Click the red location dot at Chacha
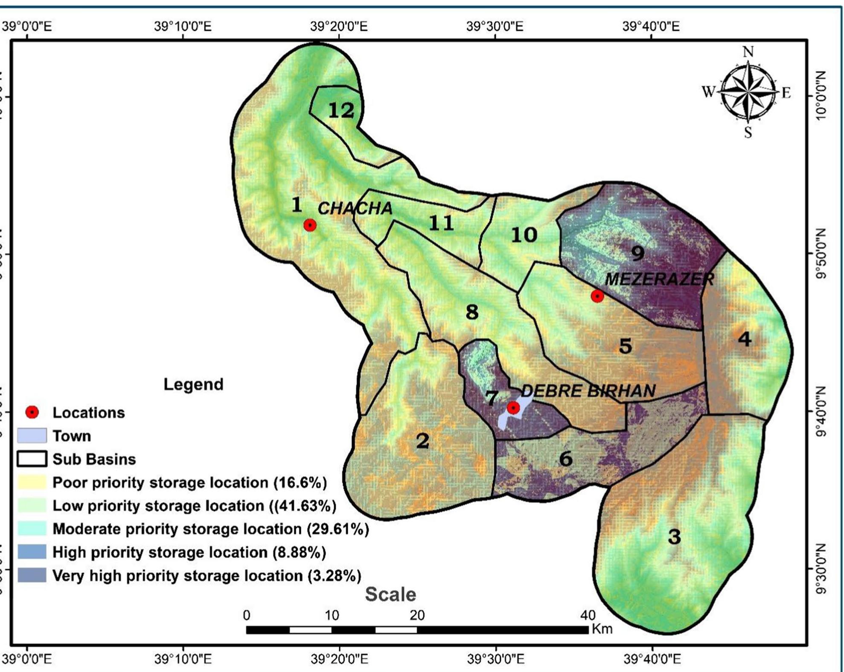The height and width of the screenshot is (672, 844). click(310, 225)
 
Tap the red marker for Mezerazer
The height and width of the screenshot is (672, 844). click(597, 296)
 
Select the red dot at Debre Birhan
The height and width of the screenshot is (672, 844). click(513, 408)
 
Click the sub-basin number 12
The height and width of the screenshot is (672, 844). click(341, 111)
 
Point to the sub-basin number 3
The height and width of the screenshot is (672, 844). click(674, 536)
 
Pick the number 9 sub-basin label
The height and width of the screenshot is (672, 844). click(637, 253)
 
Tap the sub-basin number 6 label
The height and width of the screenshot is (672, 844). click(566, 459)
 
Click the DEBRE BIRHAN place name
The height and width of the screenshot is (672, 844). click(588, 391)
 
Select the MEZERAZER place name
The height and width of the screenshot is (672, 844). click(659, 279)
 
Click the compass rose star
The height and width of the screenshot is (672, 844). click(748, 92)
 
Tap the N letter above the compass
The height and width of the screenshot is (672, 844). click(748, 52)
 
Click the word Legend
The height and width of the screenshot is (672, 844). click(193, 384)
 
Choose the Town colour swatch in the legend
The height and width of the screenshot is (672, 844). click(32, 436)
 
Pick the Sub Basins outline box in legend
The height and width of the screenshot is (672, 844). click(32, 459)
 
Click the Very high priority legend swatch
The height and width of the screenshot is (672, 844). click(32, 575)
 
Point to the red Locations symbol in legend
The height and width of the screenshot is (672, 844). click(32, 412)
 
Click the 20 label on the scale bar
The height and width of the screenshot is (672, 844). click(417, 615)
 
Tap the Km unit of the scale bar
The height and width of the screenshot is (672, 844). click(602, 628)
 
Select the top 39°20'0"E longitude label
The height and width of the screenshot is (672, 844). click(339, 26)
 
